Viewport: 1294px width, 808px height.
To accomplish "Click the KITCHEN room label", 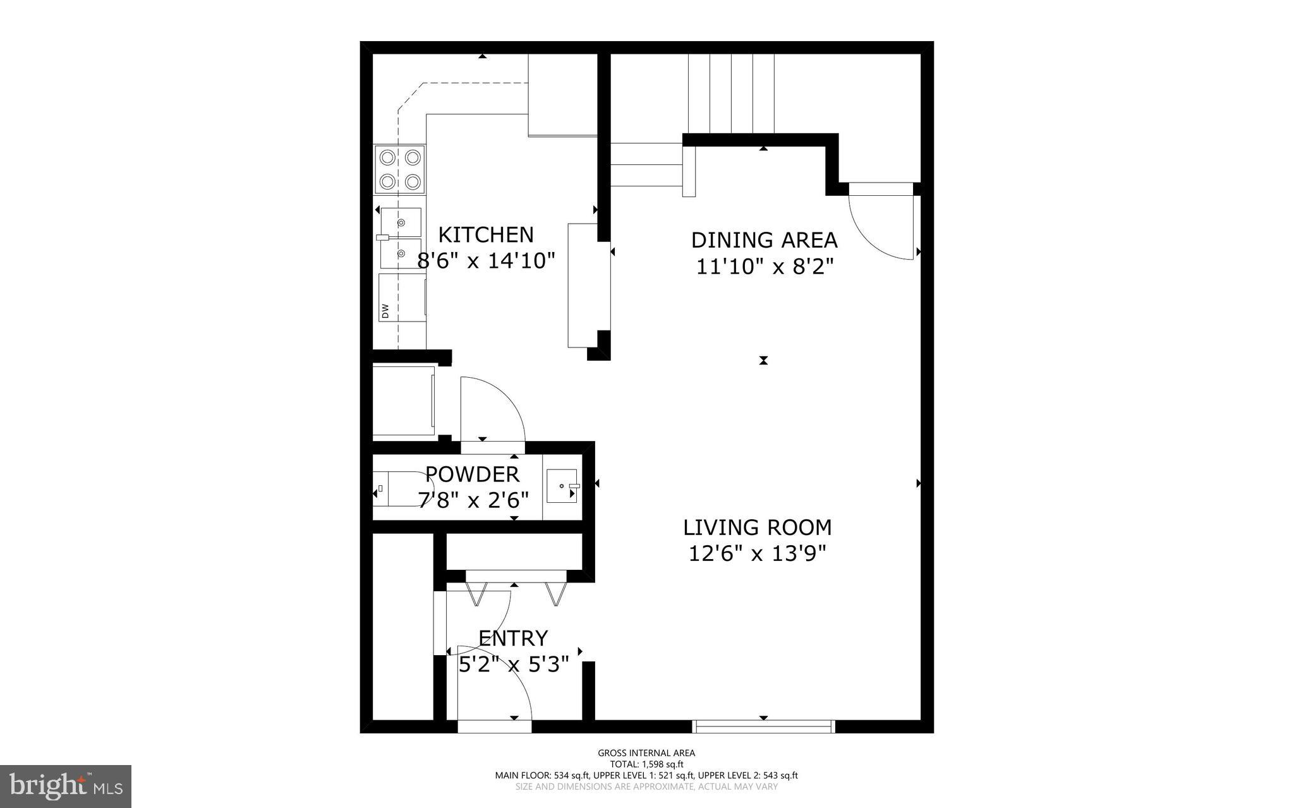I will click(x=486, y=234).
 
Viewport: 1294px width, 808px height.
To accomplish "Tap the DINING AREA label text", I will click(x=764, y=240).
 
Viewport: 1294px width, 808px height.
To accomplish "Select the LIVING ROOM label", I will click(x=757, y=527).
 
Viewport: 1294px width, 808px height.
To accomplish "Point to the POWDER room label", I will click(x=472, y=474).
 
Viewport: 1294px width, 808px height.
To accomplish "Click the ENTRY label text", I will click(x=512, y=638).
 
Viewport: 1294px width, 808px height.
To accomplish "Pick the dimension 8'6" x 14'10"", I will click(x=486, y=260).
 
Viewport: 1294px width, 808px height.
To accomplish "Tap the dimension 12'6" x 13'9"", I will click(x=757, y=553).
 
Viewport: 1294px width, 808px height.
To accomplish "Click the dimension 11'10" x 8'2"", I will click(x=764, y=267).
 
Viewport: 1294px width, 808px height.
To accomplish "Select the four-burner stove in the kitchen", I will click(x=400, y=169).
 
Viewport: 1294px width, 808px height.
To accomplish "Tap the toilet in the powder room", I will click(x=401, y=489).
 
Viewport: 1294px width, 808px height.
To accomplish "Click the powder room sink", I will click(x=562, y=486).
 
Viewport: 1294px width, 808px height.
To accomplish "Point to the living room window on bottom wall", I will click(x=763, y=726).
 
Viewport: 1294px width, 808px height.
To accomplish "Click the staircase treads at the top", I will click(x=731, y=93).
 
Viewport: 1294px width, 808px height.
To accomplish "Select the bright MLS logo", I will click(x=66, y=787).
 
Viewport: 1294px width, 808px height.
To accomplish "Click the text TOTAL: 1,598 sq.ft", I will click(x=646, y=764).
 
